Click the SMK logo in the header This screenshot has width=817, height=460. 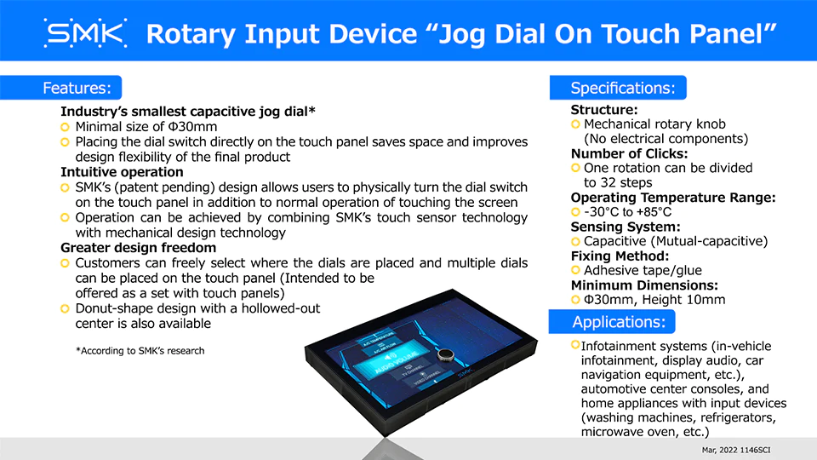click(85, 33)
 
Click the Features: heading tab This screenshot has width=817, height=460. click(61, 88)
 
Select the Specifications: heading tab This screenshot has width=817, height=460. click(618, 88)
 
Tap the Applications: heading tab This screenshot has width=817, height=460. click(612, 322)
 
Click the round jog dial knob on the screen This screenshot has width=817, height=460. click(445, 355)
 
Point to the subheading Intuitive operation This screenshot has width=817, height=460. click(122, 172)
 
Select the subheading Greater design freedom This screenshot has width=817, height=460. click(138, 248)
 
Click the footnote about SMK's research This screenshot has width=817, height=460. click(140, 351)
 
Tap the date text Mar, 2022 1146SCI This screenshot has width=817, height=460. click(735, 450)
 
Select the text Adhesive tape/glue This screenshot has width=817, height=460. click(643, 271)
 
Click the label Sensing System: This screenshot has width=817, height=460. click(626, 227)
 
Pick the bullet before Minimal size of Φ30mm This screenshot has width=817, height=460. click(65, 127)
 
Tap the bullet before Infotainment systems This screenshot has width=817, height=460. click(575, 345)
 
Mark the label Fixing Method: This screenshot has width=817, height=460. click(620, 256)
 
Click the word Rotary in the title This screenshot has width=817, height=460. click(191, 34)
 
